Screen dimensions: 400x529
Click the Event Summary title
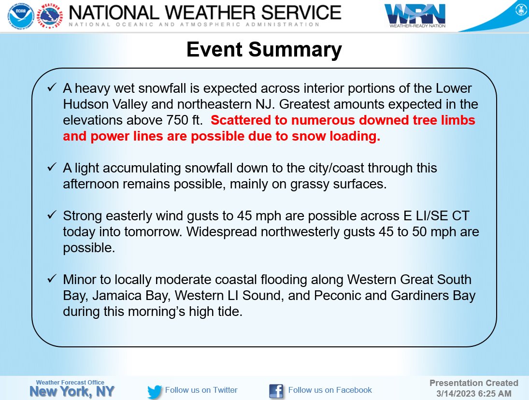point(264,50)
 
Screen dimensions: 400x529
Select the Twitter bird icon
point(155,391)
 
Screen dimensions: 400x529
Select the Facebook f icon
point(276,391)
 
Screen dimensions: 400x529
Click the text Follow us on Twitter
point(201,390)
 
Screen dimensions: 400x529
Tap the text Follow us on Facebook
point(330,390)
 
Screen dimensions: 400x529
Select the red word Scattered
point(237,121)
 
